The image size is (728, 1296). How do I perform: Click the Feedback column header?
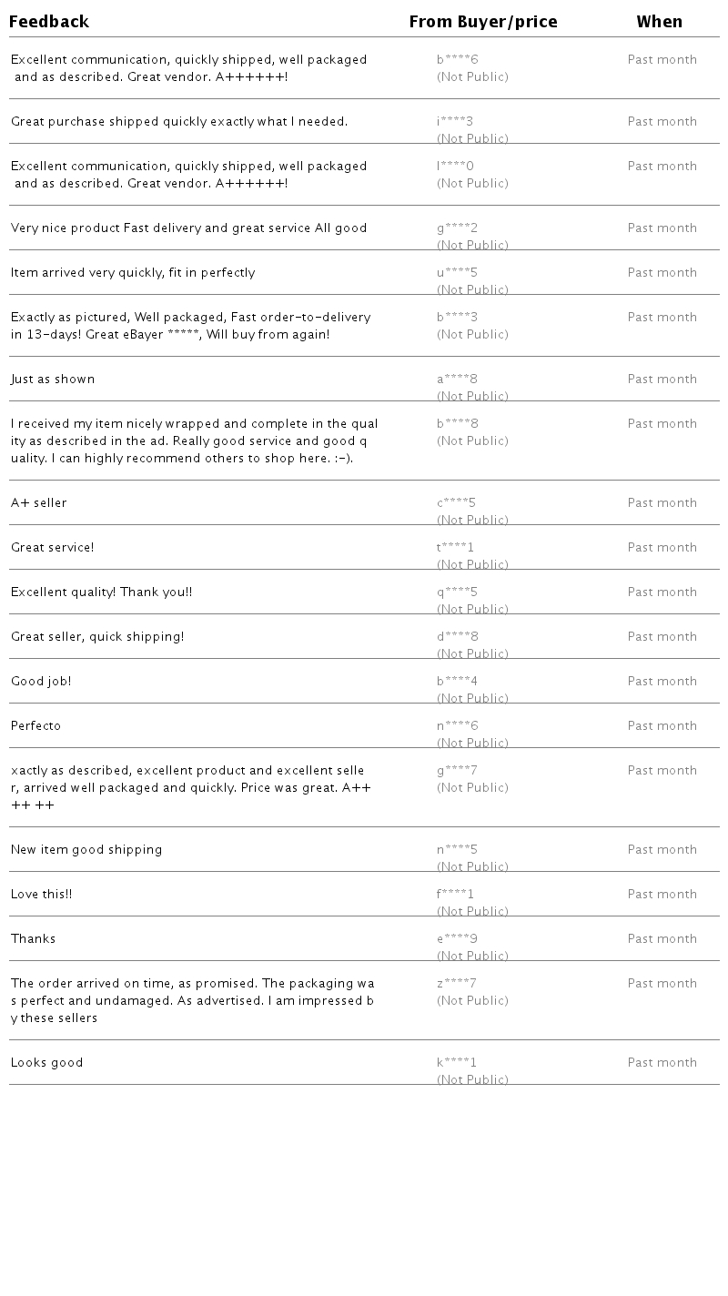(x=49, y=22)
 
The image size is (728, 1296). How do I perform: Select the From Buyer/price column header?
(x=483, y=22)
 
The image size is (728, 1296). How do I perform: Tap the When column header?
(x=660, y=22)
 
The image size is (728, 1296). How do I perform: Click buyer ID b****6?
(x=458, y=60)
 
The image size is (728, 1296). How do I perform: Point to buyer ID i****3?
(x=455, y=122)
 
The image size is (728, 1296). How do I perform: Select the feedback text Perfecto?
(x=36, y=726)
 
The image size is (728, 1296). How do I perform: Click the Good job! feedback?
(x=41, y=682)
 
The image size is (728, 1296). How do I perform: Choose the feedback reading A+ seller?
(x=39, y=503)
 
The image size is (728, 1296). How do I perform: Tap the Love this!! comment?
(x=42, y=895)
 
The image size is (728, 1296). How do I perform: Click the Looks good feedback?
(x=47, y=1063)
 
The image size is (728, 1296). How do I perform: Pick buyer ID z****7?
(x=457, y=984)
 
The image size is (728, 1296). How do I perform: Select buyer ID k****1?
(x=457, y=1063)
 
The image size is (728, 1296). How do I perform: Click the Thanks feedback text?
(x=34, y=939)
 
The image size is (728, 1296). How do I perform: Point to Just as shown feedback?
(x=53, y=380)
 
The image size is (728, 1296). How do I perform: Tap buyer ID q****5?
(x=457, y=592)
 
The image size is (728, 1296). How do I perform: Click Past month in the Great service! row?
(x=662, y=548)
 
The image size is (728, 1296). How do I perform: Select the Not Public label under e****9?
(x=472, y=956)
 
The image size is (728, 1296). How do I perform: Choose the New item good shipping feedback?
(x=86, y=850)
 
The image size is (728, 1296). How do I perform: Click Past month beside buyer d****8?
(x=662, y=637)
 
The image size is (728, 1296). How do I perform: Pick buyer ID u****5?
(x=457, y=273)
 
